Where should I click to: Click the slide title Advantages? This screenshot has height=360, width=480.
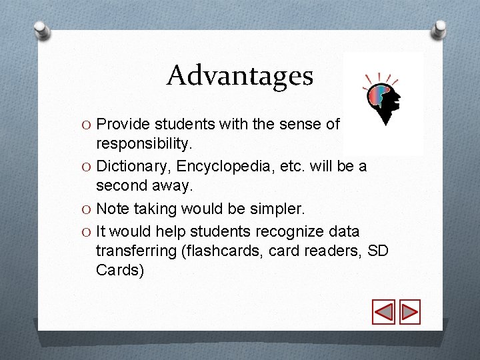tap(240, 75)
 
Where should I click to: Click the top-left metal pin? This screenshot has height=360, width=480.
tap(42, 31)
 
